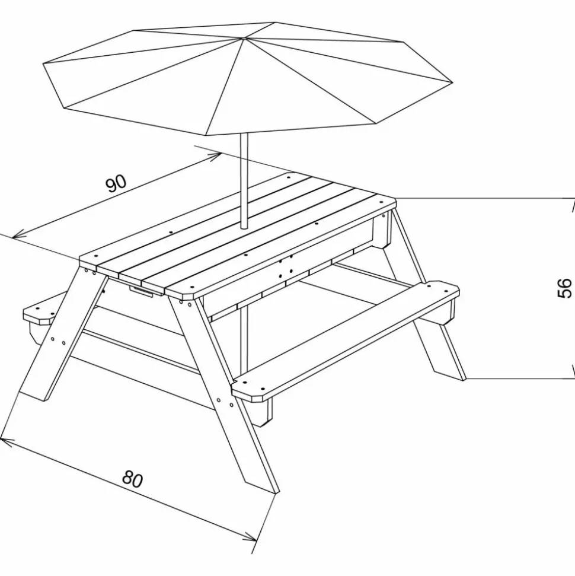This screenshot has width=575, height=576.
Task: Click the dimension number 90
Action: (117, 184)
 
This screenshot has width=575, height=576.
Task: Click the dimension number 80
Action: (133, 479)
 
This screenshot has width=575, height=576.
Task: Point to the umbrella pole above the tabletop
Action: (242, 178)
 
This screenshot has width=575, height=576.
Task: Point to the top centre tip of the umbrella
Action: (243, 39)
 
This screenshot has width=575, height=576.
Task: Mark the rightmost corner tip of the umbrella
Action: (452, 83)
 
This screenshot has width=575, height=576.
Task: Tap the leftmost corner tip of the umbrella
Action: (44, 63)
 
